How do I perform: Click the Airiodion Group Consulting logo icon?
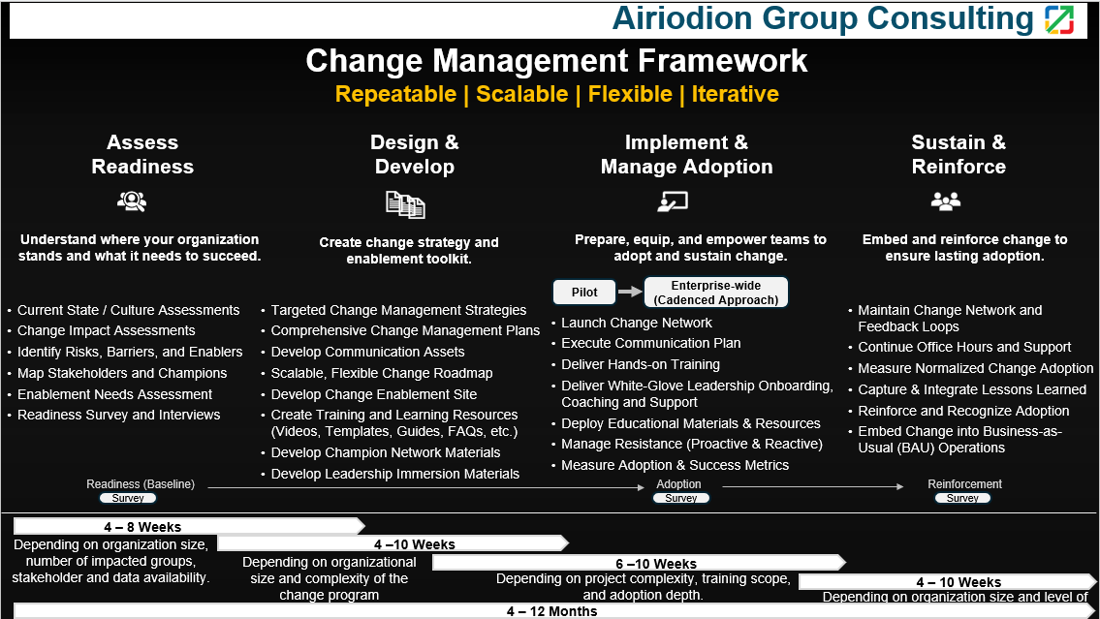click(1059, 19)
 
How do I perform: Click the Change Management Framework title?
click(556, 60)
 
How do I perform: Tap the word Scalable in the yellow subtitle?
click(522, 94)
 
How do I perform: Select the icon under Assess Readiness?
click(132, 201)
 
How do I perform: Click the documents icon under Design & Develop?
click(405, 204)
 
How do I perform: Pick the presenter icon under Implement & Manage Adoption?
click(672, 201)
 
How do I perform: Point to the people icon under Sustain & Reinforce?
click(946, 201)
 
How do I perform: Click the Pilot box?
click(584, 293)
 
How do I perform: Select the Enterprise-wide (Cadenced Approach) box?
click(715, 293)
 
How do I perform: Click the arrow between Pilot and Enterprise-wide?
click(630, 292)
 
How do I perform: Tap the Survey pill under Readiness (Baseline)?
click(128, 499)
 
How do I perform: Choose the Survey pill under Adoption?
click(681, 499)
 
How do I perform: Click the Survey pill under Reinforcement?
click(962, 499)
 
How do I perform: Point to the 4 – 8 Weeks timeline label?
click(142, 527)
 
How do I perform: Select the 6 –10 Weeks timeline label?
click(656, 564)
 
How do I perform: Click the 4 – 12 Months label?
click(552, 611)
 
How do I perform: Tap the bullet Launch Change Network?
click(637, 323)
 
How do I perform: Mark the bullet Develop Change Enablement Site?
click(374, 394)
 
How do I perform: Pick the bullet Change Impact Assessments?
click(106, 330)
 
